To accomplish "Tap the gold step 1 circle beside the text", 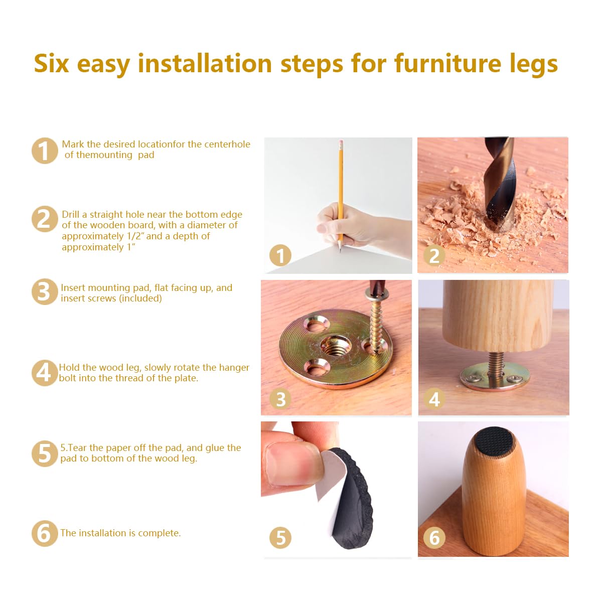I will coord(45,150).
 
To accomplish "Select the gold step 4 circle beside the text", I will coord(45,373).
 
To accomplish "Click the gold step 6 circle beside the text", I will coord(45,533).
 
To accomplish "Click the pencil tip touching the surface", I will coord(340,249).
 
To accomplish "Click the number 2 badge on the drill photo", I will coord(434,255).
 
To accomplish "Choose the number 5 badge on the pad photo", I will coord(280,537).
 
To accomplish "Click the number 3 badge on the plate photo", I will coord(280,399).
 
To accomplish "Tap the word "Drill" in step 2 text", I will coord(71,214).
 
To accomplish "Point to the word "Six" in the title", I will coord(51,64).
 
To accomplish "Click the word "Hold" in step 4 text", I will coord(70,367).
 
